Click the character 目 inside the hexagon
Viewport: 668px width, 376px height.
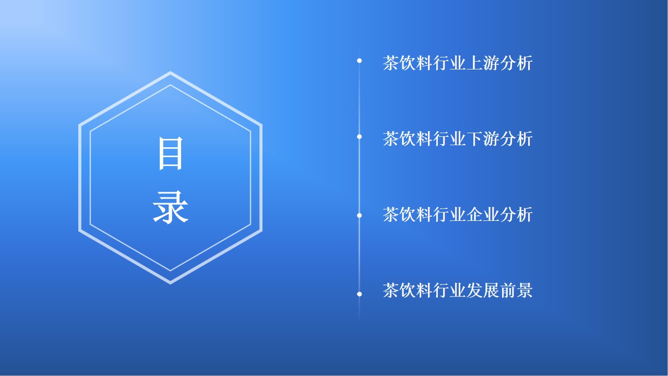tap(170, 154)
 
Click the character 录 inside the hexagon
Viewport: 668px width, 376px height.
tap(170, 207)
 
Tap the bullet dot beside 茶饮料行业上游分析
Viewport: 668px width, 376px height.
tap(360, 61)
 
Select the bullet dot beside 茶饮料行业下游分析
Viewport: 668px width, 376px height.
tap(360, 137)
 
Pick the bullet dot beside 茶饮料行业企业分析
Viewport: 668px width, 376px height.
tap(360, 216)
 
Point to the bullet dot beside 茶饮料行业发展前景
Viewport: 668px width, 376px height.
tap(360, 294)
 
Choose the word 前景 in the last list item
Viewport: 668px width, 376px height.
tap(516, 290)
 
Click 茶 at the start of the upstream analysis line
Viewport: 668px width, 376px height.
tap(391, 63)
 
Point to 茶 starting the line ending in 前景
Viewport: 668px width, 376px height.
tap(391, 290)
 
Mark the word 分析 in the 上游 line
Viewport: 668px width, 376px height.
tap(516, 63)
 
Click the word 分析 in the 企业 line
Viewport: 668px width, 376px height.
tap(516, 215)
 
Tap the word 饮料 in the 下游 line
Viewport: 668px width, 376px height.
tap(416, 139)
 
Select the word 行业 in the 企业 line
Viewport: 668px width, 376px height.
tap(449, 215)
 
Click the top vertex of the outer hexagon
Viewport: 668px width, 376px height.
tap(170, 72)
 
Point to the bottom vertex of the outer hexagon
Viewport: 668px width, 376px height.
tap(170, 284)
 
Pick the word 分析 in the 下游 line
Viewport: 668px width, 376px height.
tap(516, 139)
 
